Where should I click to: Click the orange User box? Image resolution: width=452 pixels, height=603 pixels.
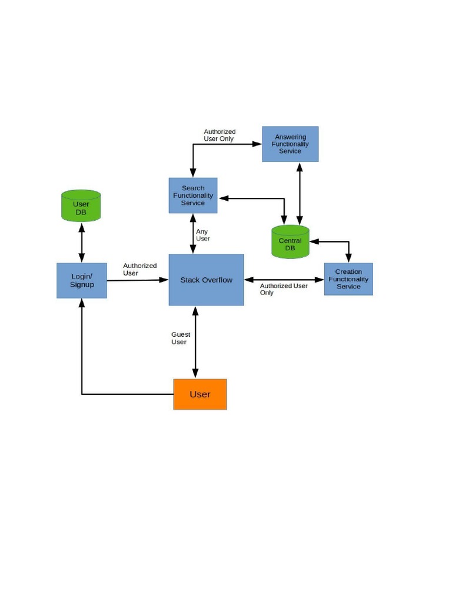[200, 394]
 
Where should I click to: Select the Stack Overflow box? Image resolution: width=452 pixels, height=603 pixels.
[206, 280]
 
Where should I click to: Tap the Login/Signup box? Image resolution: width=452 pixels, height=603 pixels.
[82, 280]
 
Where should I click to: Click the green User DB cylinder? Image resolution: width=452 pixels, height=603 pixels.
[81, 206]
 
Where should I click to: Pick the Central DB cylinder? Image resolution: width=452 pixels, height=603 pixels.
[290, 242]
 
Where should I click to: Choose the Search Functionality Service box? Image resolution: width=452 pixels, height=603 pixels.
[193, 196]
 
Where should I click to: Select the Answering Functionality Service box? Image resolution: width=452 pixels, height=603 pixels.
[290, 144]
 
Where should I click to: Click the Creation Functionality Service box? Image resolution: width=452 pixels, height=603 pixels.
[348, 279]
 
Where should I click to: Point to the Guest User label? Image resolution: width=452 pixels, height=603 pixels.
[180, 338]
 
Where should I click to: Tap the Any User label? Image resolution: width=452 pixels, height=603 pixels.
[202, 235]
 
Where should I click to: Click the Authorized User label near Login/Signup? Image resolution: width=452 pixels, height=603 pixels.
[139, 269]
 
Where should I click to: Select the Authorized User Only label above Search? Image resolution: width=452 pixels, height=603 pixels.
[220, 135]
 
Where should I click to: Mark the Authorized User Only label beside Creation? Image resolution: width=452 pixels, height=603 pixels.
[283, 289]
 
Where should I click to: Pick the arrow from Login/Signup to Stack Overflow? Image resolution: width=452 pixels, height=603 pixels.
[138, 280]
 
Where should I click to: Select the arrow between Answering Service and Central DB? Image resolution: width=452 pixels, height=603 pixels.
[300, 193]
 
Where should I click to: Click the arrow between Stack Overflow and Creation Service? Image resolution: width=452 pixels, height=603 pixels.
[284, 279]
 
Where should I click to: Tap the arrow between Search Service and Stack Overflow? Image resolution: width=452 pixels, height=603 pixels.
[192, 233]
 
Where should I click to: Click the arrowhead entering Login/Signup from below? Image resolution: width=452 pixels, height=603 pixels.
[82, 303]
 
